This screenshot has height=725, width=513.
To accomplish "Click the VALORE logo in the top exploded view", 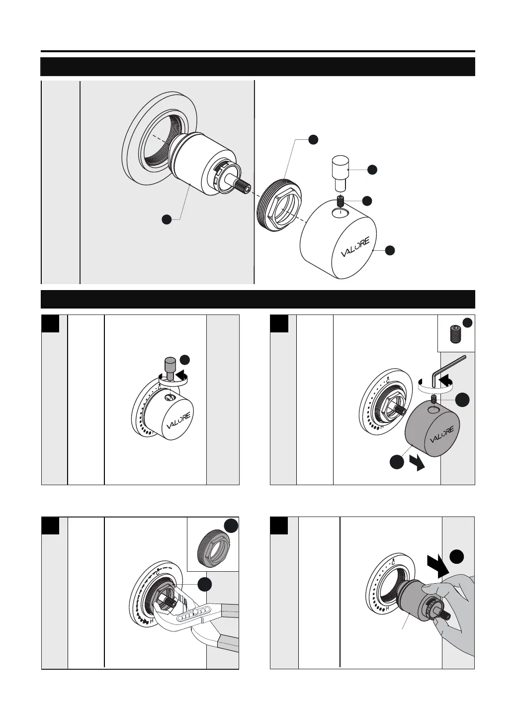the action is (x=355, y=247).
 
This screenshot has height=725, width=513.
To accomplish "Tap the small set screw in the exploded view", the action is (x=341, y=202).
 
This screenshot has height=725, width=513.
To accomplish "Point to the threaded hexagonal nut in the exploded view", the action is (x=280, y=203).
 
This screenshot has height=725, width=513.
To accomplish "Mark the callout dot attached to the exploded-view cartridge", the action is (x=167, y=218).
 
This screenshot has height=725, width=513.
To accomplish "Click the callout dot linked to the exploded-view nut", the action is (x=313, y=139).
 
